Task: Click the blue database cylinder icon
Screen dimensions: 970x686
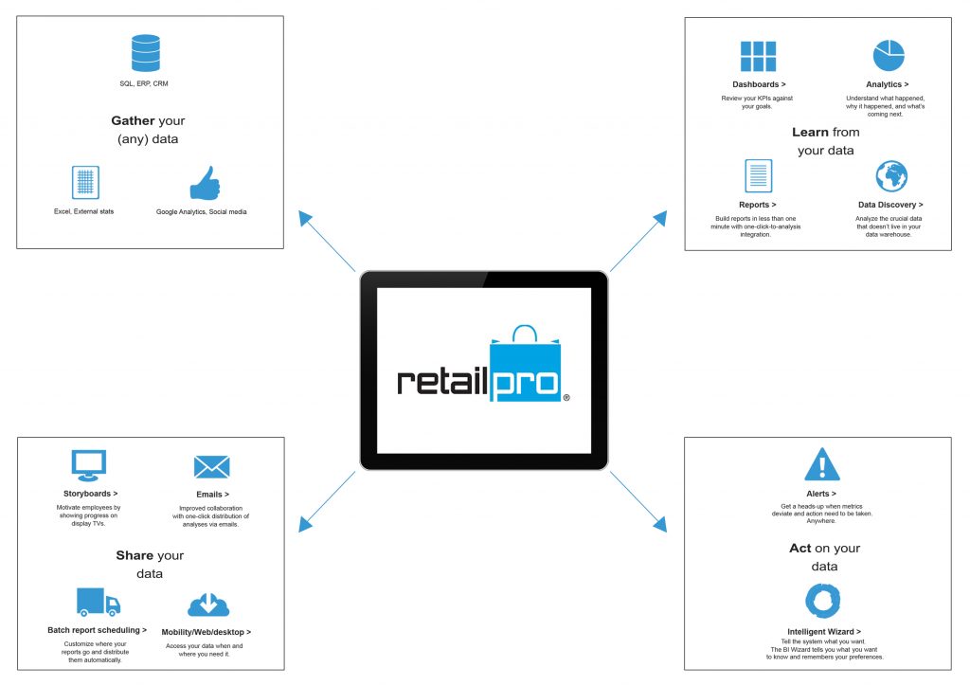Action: point(146,53)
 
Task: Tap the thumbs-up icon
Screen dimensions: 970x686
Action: point(205,183)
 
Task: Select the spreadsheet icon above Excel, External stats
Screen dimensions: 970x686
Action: point(85,183)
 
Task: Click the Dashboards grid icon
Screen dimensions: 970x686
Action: point(758,56)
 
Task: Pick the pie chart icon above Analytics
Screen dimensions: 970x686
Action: point(889,56)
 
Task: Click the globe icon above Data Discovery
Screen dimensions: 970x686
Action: point(891,176)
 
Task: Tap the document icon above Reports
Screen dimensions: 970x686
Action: point(758,176)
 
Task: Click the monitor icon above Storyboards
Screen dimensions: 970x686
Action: point(88,465)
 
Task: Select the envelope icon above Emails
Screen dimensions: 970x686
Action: point(211,467)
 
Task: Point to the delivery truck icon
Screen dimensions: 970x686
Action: point(99,602)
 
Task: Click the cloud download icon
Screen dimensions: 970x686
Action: point(208,605)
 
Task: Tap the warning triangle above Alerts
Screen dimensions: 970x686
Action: point(822,464)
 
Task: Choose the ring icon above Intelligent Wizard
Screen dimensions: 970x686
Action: point(823,600)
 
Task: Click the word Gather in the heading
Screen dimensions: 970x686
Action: point(133,120)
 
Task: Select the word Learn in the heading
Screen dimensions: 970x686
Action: point(811,132)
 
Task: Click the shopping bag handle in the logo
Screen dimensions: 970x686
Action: point(525,333)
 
